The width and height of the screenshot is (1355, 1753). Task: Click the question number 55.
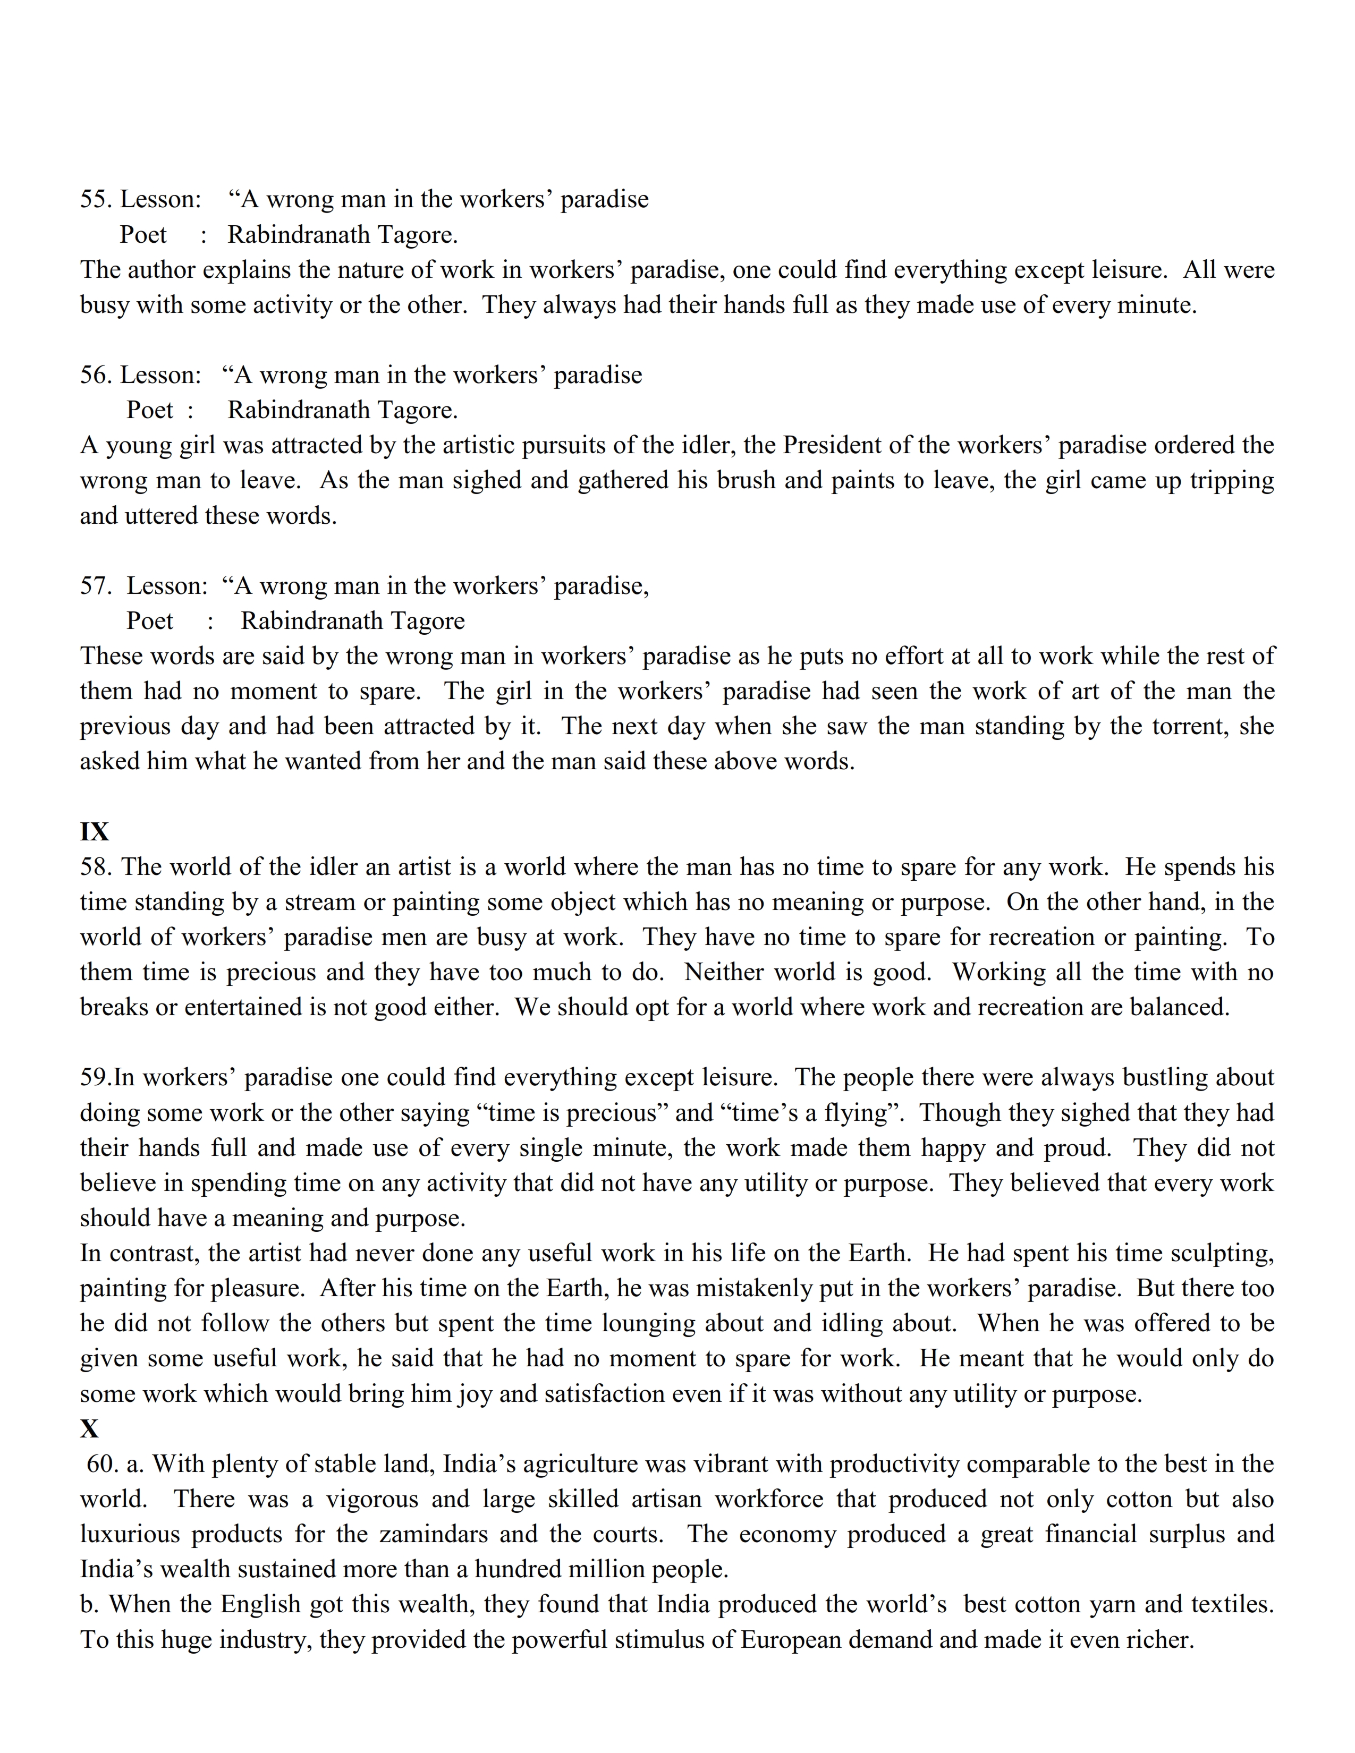[x=96, y=199]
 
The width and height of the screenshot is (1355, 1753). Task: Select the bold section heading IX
[x=94, y=831]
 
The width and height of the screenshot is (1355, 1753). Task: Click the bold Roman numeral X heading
[x=89, y=1429]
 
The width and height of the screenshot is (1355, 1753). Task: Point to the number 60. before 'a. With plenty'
[x=103, y=1464]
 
